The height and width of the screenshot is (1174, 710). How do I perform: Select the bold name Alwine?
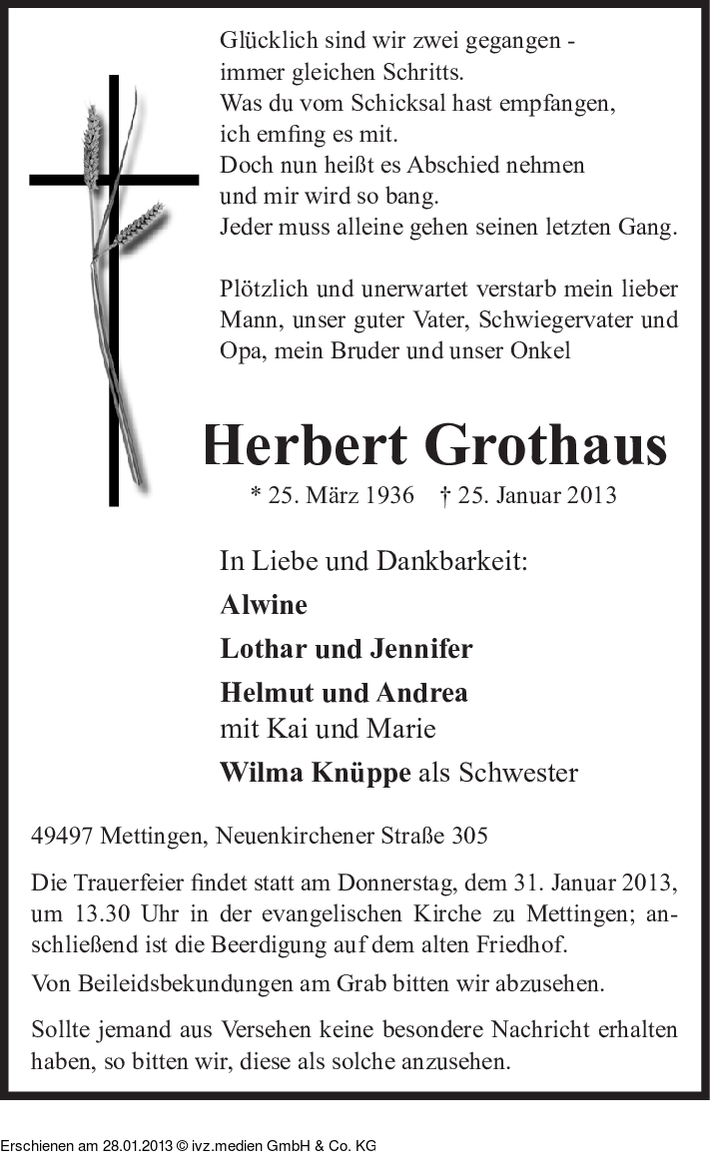(x=264, y=605)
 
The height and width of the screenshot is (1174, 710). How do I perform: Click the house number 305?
(x=468, y=836)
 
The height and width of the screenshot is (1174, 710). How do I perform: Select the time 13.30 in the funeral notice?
(x=104, y=915)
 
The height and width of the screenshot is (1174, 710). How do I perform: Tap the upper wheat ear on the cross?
(x=92, y=145)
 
